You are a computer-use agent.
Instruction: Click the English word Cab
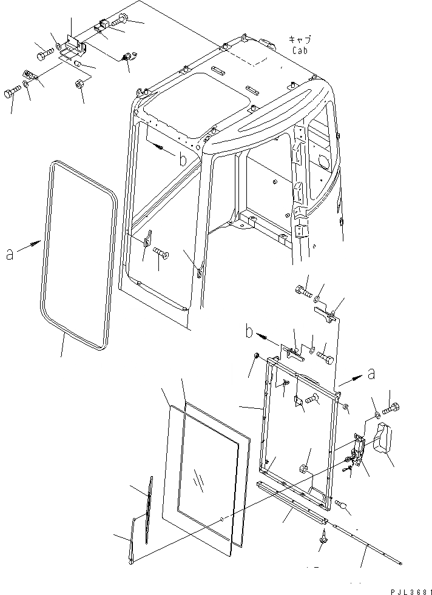(x=300, y=50)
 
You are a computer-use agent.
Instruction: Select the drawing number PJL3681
(x=407, y=590)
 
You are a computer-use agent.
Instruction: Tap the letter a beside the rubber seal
(x=10, y=254)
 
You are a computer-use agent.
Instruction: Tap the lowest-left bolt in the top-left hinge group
(x=12, y=92)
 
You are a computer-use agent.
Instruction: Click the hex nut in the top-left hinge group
(x=79, y=84)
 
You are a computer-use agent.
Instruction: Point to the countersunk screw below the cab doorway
(x=160, y=253)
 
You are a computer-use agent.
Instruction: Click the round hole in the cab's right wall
(x=322, y=162)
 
